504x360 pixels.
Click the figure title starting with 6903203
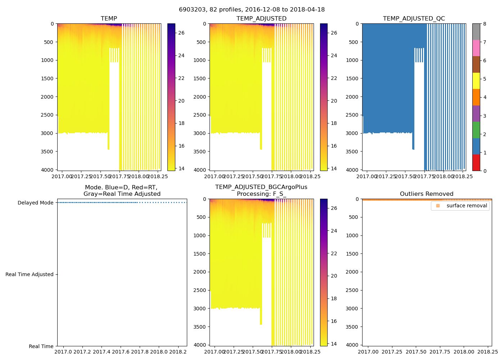[252, 10]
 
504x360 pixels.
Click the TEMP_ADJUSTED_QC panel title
[414, 19]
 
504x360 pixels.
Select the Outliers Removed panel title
[427, 194]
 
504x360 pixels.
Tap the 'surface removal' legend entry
[467, 206]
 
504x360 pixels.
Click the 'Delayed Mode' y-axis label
[35, 203]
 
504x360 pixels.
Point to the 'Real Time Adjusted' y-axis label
[29, 274]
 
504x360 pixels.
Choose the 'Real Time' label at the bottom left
[41, 346]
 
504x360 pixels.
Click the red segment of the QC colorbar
[476, 162]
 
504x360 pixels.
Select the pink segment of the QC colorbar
[476, 48]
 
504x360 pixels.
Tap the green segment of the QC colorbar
[476, 130]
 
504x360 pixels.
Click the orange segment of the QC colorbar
[476, 97]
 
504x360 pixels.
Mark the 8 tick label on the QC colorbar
[485, 24]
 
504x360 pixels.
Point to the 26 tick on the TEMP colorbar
[181, 33]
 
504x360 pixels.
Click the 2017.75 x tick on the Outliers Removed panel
[440, 351]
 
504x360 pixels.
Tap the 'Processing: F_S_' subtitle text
[261, 194]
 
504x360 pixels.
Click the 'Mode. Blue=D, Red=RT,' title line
[121, 188]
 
